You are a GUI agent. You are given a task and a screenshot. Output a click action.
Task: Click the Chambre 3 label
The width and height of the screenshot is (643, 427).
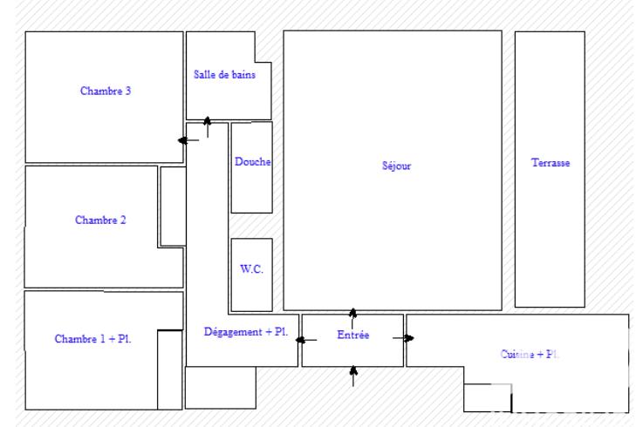point(106,91)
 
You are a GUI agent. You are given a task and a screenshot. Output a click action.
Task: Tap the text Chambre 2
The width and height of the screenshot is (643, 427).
point(100,220)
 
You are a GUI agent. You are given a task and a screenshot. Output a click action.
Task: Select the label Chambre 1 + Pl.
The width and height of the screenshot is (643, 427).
point(93,338)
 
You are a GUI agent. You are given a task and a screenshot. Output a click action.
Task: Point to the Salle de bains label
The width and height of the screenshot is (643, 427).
point(225,75)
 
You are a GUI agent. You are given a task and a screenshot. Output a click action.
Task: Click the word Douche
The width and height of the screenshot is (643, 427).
point(252,162)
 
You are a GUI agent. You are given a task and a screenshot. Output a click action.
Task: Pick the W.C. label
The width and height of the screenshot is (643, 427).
point(251,270)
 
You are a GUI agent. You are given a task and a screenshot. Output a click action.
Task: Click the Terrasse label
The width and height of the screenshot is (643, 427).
point(551,163)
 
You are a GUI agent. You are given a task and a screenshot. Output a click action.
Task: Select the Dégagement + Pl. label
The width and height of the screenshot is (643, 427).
point(246,331)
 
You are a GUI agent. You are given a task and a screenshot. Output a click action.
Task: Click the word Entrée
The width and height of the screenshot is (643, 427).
point(353,334)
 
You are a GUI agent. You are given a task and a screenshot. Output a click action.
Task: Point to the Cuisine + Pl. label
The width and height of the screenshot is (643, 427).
point(530,355)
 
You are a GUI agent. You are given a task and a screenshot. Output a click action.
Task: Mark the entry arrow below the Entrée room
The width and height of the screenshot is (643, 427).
point(352,376)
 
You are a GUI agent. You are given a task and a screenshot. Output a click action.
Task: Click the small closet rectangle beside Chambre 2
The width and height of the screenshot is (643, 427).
point(173,207)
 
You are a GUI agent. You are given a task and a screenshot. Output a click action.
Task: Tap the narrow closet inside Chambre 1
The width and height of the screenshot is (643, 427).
point(169,369)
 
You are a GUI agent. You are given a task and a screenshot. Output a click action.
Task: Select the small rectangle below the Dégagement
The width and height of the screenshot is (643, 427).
point(221,388)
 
